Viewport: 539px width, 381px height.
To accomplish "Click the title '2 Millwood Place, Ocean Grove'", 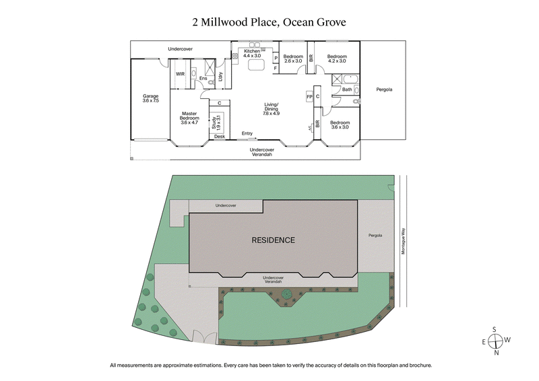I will point(269,22).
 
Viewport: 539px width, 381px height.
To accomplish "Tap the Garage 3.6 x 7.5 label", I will point(150,98).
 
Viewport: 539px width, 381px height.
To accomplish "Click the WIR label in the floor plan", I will point(180,74).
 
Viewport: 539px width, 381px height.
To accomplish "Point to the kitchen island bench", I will point(255,65).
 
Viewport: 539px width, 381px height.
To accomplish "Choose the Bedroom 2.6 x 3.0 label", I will point(292,59).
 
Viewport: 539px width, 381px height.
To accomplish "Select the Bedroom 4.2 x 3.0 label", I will point(336,59).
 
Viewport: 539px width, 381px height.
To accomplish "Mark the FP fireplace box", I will point(309,96).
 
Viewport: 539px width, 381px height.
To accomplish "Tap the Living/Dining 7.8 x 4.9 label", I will point(272,108).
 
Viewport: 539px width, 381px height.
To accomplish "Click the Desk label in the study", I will point(220,137).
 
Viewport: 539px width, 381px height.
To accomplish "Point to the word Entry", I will point(248,133).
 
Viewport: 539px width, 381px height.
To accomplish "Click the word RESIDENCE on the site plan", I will point(273,240).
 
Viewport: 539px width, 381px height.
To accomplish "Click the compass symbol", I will point(495,341).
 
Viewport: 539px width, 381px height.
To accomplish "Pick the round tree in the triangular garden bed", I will point(288,293).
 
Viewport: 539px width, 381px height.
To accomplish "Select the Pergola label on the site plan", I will point(375,236).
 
